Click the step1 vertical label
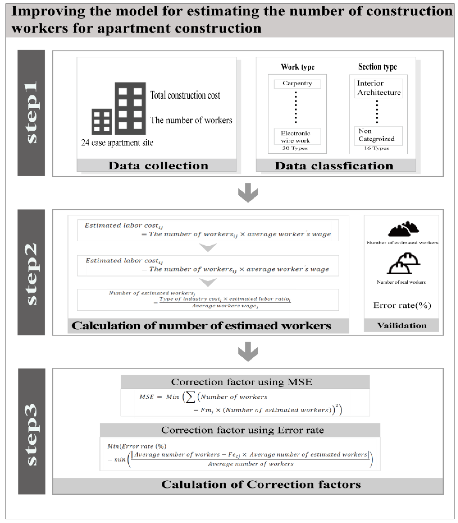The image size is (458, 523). point(31,113)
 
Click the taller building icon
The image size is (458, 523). point(130,108)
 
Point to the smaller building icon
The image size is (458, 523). point(102,122)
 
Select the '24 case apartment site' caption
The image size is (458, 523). point(117,143)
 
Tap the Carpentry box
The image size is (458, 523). point(297,83)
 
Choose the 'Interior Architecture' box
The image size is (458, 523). point(379,88)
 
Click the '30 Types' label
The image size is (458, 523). point(295,148)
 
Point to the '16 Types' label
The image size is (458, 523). point(376,148)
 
